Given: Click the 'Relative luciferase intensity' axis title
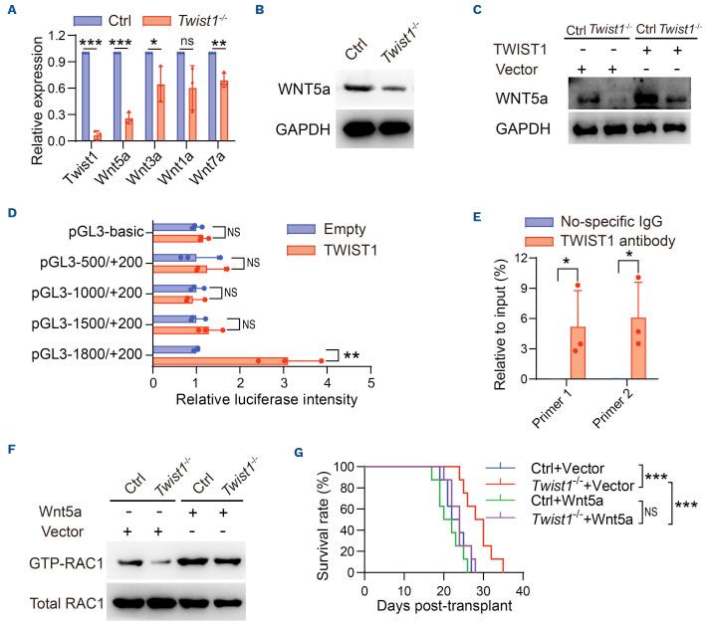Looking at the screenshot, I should [262, 402].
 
